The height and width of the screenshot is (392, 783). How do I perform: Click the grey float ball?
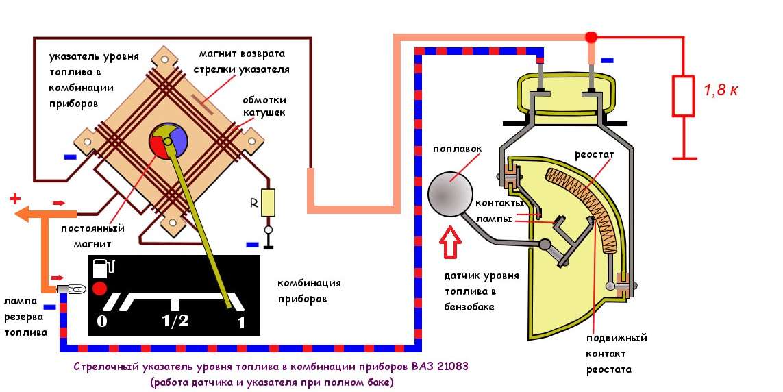click(450, 194)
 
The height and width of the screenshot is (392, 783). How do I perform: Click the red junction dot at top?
click(591, 36)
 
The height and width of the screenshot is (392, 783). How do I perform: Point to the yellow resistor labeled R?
click(269, 203)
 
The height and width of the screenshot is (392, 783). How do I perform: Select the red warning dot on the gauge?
click(101, 289)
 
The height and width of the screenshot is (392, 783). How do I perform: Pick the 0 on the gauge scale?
click(102, 321)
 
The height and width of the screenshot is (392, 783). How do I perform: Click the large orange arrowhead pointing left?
click(26, 212)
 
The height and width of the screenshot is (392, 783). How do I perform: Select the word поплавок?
click(458, 149)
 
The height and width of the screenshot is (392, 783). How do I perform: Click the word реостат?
click(595, 155)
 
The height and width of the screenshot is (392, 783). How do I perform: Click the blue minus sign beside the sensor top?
click(607, 60)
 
